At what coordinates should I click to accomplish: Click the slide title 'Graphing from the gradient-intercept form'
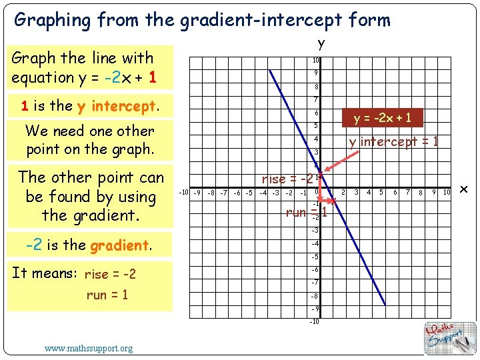pos(202,20)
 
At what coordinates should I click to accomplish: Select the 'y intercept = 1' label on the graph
pos(393,141)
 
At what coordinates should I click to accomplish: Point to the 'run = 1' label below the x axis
pos(306,213)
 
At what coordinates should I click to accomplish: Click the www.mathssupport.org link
pos(88,348)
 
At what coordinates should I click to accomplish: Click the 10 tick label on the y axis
pos(316,61)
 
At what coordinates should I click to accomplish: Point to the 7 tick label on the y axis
pos(316,100)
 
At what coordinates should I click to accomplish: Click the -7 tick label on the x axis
pos(224,193)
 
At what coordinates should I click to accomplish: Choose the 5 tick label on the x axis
pos(381,193)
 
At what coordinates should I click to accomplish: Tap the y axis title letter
pos(321,44)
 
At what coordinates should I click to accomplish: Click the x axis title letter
pos(465,191)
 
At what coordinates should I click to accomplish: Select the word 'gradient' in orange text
pos(120,245)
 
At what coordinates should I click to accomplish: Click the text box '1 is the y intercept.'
pos(89,106)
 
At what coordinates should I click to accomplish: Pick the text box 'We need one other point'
pos(89,140)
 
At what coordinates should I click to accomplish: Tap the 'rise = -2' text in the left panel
pos(111,275)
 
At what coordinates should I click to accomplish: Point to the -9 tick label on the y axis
pos(315,309)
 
